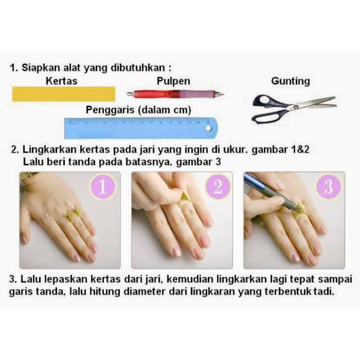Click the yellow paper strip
click(63, 94)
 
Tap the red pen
click(173, 94)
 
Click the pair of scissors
click(292, 108)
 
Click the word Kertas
click(62, 81)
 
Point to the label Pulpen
click(173, 81)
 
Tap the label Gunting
click(290, 81)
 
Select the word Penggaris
click(111, 110)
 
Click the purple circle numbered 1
click(103, 187)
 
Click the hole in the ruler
click(208, 128)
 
